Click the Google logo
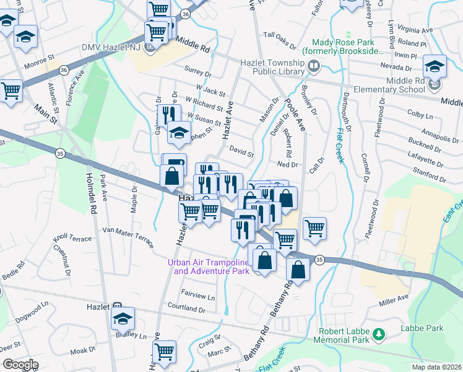click(20, 365)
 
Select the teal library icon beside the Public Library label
click(314, 65)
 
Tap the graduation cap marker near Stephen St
click(179, 133)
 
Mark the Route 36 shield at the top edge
click(185, 12)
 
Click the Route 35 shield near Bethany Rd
click(318, 259)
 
